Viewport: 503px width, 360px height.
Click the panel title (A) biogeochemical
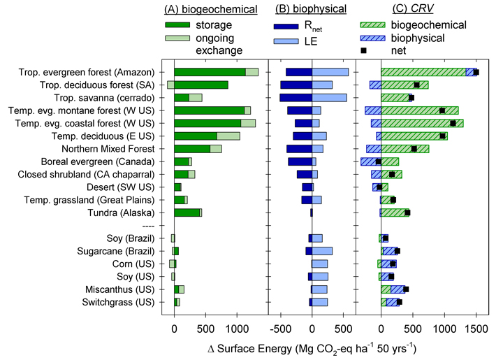tap(210, 9)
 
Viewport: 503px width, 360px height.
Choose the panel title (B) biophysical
tap(311, 9)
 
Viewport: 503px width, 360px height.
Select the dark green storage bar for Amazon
tap(210, 72)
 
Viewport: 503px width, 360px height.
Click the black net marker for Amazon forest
tap(476, 72)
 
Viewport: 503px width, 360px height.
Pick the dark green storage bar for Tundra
tap(187, 213)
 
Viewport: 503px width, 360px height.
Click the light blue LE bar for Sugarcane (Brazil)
tap(322, 251)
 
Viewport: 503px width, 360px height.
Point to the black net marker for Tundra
tap(407, 213)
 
